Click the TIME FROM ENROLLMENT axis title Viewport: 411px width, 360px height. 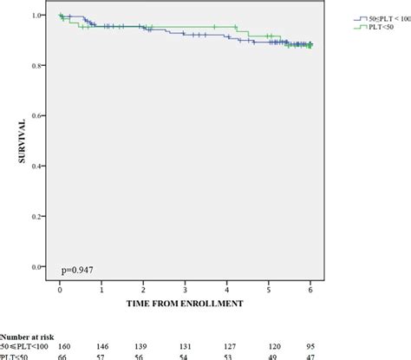point(186,304)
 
